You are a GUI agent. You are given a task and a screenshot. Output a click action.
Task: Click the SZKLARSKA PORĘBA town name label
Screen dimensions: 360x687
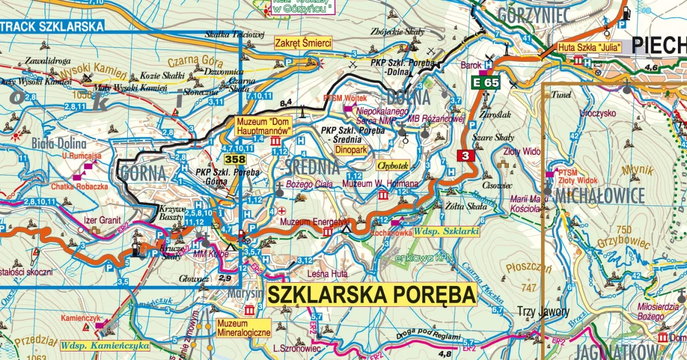coord(371,295)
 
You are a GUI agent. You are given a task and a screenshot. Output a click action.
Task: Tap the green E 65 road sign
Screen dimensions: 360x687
coord(486,83)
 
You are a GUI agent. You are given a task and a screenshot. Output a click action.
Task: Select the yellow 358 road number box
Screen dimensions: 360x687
coord(235,159)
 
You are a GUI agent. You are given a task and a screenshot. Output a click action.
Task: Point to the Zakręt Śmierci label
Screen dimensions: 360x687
coord(303,43)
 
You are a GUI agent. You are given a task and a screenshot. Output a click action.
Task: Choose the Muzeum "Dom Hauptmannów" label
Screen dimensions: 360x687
coord(263,126)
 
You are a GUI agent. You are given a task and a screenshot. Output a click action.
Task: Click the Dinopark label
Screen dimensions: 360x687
coord(351,151)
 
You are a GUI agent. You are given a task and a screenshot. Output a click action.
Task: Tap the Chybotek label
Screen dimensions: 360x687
coord(393,166)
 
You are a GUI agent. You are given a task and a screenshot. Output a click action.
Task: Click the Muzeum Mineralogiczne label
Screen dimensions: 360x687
coord(244,328)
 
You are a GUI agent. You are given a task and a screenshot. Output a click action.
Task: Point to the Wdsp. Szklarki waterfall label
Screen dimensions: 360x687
coord(446,232)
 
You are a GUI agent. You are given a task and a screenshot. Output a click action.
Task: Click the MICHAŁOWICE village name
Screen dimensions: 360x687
coord(600,196)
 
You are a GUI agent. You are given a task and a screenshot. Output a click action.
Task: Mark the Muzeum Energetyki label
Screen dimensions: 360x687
coord(315,221)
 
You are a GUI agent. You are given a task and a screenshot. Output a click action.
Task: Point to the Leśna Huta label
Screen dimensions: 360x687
coord(327,274)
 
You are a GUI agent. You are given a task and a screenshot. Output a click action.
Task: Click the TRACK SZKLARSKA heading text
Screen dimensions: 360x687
coord(52,26)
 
